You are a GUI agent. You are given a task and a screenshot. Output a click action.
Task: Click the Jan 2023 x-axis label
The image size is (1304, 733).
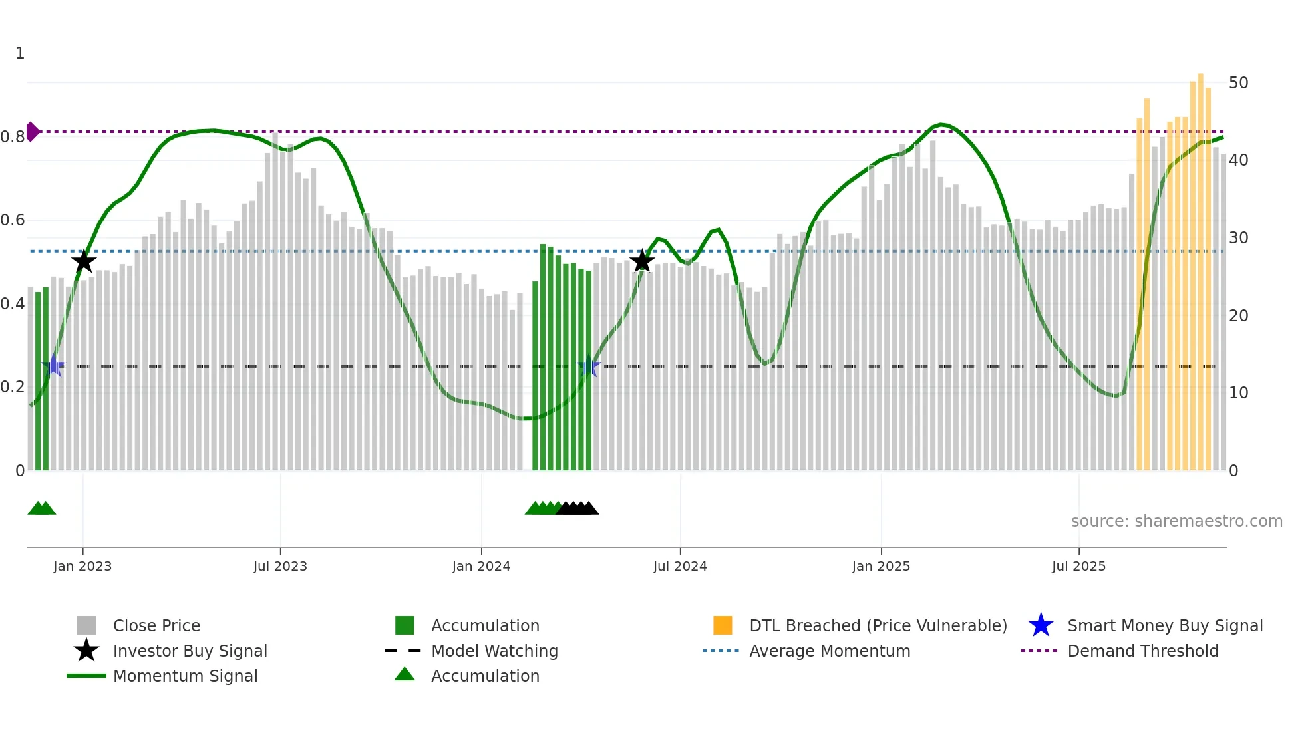pyautogui.click(x=82, y=566)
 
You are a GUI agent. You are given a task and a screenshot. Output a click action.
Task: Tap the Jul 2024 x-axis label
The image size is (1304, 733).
pyautogui.click(x=680, y=566)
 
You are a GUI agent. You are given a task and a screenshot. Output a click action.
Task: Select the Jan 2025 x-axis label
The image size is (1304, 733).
pyautogui.click(x=881, y=566)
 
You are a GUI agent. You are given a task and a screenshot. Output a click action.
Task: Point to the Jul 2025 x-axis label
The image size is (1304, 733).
pyautogui.click(x=1078, y=566)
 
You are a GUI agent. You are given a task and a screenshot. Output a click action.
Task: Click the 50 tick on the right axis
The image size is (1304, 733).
pyautogui.click(x=1238, y=83)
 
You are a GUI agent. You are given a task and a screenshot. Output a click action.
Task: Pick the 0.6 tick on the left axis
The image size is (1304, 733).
pyautogui.click(x=13, y=220)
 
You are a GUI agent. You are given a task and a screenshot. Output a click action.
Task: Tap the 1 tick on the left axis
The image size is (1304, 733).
pyautogui.click(x=20, y=53)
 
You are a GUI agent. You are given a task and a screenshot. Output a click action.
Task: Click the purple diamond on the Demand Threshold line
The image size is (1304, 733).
pyautogui.click(x=31, y=132)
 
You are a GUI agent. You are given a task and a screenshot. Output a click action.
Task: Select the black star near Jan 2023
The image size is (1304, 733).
pyautogui.click(x=84, y=261)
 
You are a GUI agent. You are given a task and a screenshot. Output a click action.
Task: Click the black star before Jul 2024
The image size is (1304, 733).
pyautogui.click(x=642, y=261)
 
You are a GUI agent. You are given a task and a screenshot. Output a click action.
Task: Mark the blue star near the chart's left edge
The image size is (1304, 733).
pyautogui.click(x=53, y=366)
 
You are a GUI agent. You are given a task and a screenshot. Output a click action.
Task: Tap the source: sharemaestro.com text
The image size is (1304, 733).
pyautogui.click(x=1176, y=521)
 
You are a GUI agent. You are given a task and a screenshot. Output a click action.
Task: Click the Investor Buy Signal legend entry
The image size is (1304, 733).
pyautogui.click(x=190, y=651)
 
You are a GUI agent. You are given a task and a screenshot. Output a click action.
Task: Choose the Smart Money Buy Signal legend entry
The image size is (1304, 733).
pyautogui.click(x=1164, y=625)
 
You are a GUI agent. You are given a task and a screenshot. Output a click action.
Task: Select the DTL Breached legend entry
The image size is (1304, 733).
pyautogui.click(x=878, y=625)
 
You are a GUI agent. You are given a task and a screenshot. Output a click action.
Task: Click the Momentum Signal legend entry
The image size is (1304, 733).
pyautogui.click(x=185, y=676)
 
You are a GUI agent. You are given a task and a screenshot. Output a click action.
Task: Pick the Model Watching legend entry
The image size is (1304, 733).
pyautogui.click(x=494, y=651)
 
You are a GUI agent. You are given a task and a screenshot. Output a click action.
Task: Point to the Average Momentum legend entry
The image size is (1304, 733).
pyautogui.click(x=829, y=651)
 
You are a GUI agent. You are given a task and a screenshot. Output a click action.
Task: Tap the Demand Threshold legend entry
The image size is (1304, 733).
pyautogui.click(x=1142, y=651)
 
